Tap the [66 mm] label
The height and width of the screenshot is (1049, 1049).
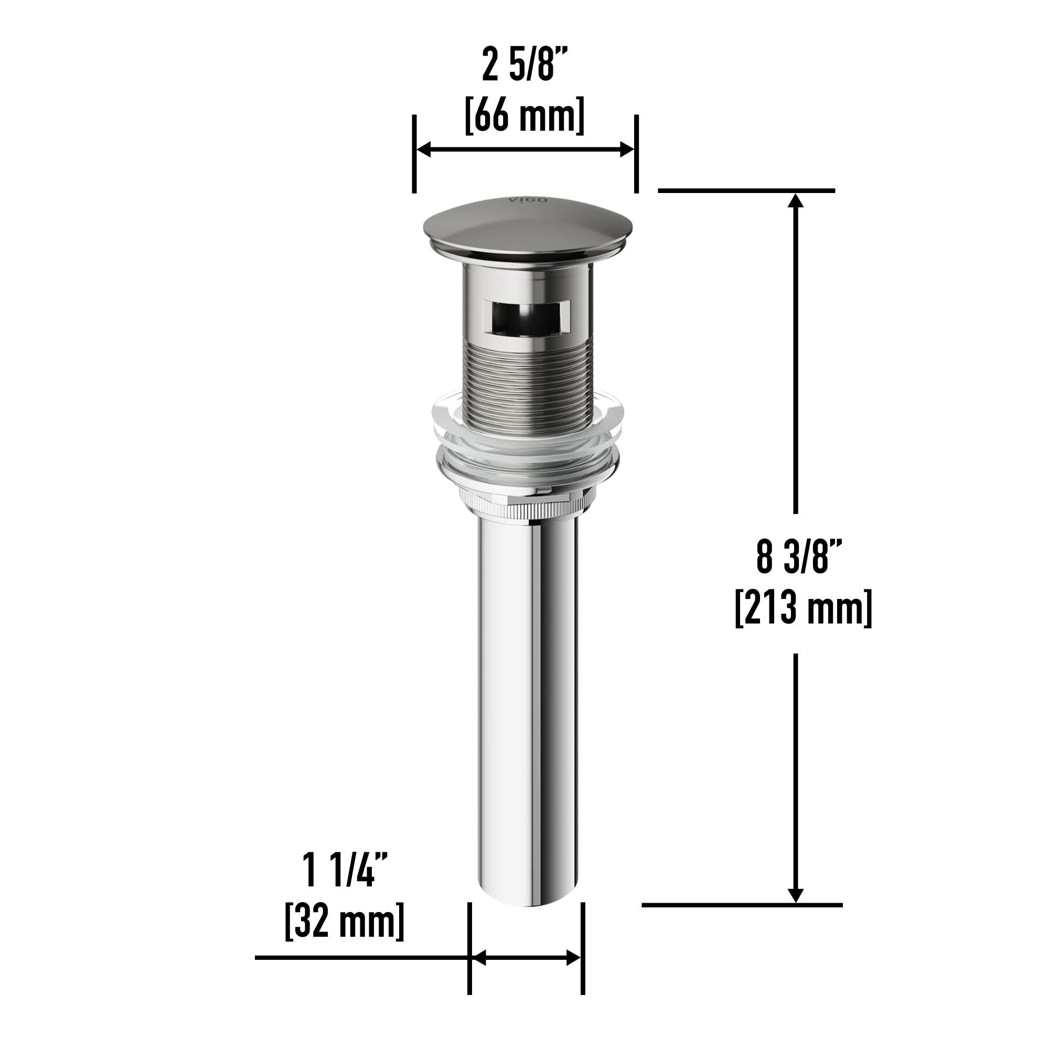(x=524, y=115)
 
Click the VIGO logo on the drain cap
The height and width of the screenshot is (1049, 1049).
(x=521, y=200)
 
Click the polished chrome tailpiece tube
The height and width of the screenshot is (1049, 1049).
(x=529, y=706)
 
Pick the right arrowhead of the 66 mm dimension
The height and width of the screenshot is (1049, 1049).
(x=627, y=150)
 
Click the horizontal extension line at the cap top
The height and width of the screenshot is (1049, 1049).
(x=746, y=190)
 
